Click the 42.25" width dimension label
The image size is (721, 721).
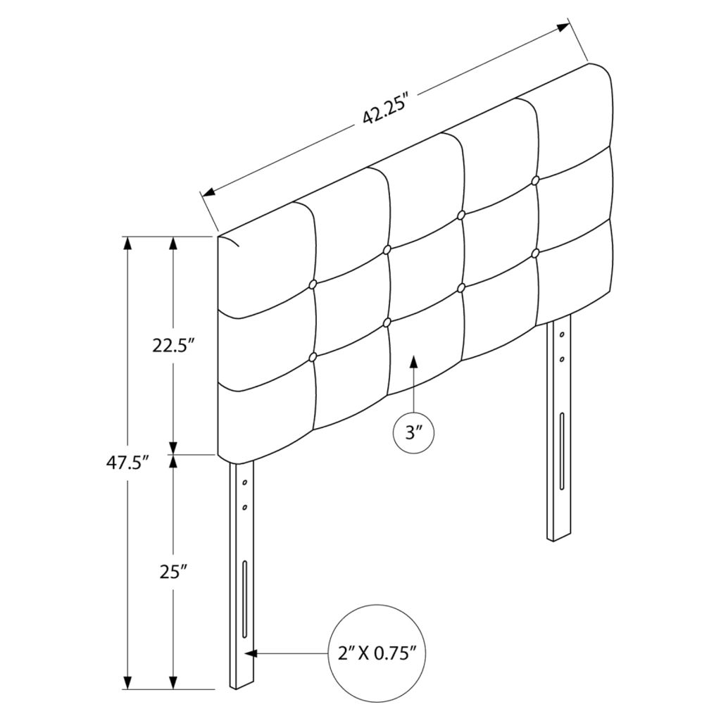click(x=386, y=111)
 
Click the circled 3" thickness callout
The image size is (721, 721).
click(x=414, y=432)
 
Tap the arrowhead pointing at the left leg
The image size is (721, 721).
click(x=251, y=653)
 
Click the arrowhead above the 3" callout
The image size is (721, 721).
click(x=414, y=361)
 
